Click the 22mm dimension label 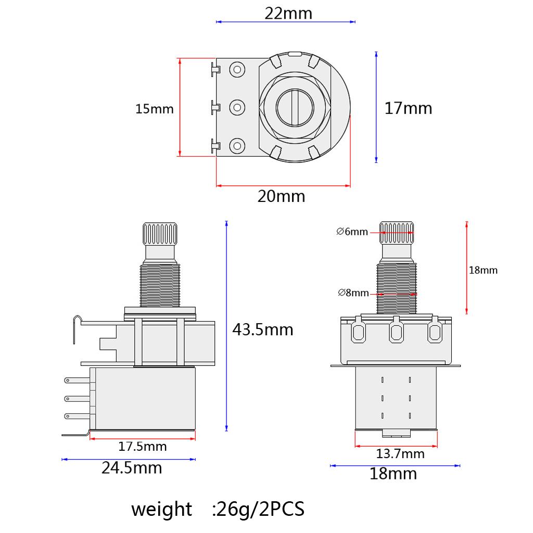click(x=288, y=12)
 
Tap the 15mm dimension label click(x=154, y=109)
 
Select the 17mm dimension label click(x=408, y=108)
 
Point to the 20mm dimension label click(x=281, y=197)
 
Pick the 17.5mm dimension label click(x=143, y=446)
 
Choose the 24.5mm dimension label click(x=132, y=468)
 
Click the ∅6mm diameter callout click(x=352, y=232)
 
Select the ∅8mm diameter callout click(x=353, y=293)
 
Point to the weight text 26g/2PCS click(x=218, y=509)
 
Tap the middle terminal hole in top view click(x=237, y=108)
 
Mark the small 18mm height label click(x=483, y=270)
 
